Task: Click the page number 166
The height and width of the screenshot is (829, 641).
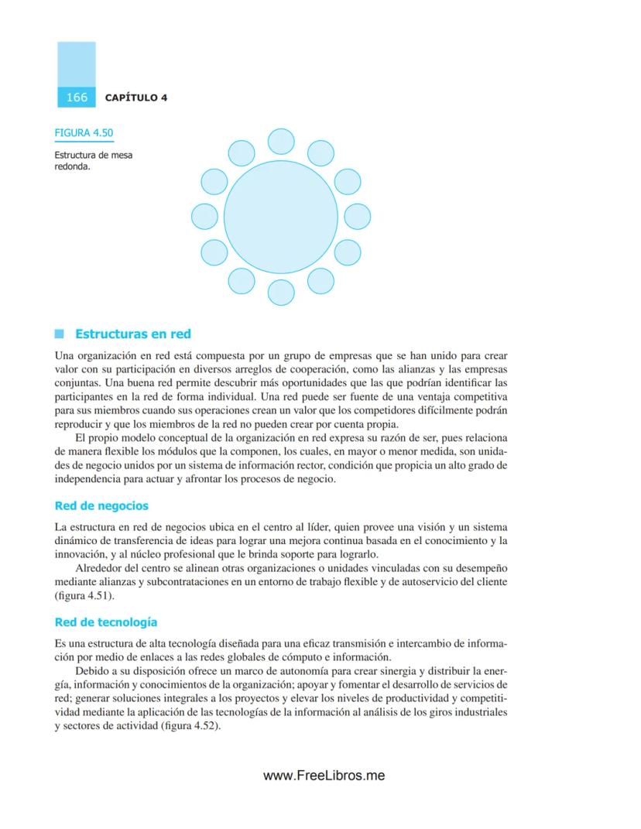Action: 77,98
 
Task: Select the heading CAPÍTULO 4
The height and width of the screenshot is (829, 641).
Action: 136,98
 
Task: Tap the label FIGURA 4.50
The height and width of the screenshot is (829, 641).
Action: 84,132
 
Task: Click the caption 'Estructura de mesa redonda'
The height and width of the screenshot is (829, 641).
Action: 92,160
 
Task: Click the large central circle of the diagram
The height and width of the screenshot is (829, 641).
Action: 280,216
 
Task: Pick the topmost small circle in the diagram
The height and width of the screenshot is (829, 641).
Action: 281,142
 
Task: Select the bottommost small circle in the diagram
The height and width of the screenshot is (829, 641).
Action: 281,292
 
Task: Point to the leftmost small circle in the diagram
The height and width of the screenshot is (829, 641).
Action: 204,216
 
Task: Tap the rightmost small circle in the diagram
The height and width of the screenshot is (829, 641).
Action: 357,216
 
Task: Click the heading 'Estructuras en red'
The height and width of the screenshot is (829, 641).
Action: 132,334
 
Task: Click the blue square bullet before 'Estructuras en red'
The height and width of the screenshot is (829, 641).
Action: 59,334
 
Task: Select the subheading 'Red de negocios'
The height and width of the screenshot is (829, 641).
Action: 101,506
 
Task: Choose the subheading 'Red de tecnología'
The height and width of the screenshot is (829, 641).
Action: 106,622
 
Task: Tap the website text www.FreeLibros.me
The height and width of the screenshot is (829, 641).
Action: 324,776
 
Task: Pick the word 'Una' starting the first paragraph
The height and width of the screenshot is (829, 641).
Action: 64,356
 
